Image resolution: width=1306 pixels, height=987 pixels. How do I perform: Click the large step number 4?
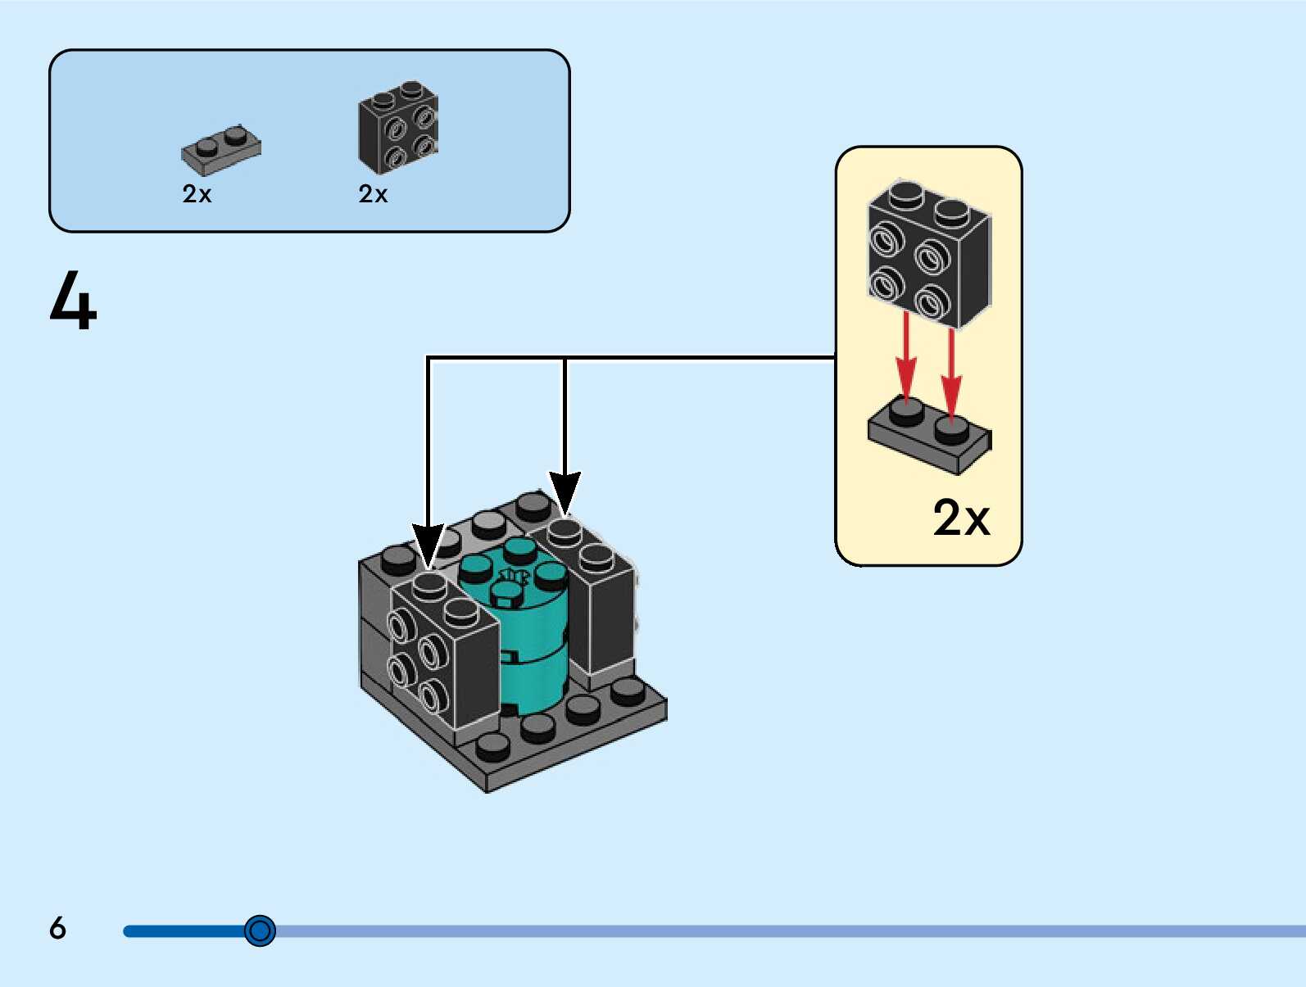coord(73,300)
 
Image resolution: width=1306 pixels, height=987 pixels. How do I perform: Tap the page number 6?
coord(57,927)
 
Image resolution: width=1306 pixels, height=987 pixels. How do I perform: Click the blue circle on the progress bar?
coord(260,930)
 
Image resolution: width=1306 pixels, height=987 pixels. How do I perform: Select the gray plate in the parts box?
coord(220,150)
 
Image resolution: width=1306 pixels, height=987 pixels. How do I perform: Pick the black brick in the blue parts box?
coord(398,127)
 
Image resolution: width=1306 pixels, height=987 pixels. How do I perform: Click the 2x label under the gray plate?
coord(197,194)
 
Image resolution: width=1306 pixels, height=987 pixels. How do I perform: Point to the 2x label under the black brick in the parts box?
coord(373,194)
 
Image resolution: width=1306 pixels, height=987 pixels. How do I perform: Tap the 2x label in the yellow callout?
coord(961,518)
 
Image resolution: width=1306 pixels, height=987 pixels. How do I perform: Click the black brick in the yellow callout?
coord(929,254)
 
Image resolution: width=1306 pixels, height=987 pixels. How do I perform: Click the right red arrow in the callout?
coord(951,374)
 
